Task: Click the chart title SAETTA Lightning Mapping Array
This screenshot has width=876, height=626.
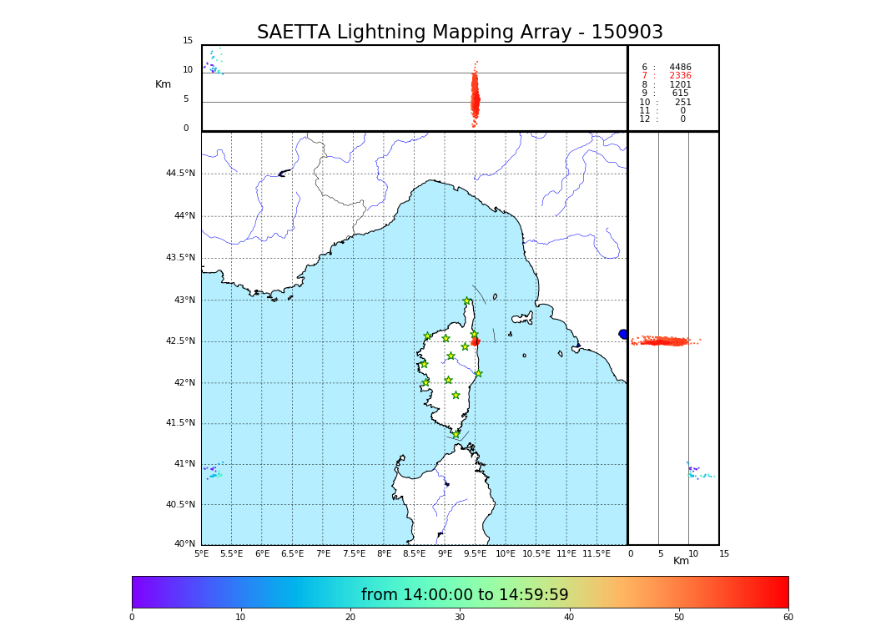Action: point(460,33)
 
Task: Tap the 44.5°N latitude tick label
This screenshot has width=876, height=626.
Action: point(180,174)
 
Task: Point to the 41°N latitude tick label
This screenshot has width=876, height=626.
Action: point(184,464)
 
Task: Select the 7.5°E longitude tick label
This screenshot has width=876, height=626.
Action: point(354,554)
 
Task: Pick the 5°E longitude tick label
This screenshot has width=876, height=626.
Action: point(201,554)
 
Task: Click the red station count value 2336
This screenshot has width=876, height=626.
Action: point(680,76)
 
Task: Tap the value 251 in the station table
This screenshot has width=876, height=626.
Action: point(682,103)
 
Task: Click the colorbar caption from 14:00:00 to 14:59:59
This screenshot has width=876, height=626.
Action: point(465,595)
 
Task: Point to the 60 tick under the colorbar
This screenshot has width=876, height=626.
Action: point(788,618)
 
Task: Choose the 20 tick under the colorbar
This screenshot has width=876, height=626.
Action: point(350,618)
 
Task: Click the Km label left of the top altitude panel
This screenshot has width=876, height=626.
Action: point(163,84)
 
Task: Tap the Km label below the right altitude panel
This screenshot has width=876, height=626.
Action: point(681,561)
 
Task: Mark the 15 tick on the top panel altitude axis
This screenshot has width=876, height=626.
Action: point(188,41)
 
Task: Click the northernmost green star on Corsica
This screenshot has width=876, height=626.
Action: point(467,301)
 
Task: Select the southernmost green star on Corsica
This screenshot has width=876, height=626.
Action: point(456,434)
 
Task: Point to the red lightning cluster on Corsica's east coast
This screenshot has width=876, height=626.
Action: point(476,341)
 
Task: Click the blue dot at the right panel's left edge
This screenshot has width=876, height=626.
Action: point(623,334)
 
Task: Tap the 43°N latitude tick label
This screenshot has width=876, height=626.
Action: point(184,300)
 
